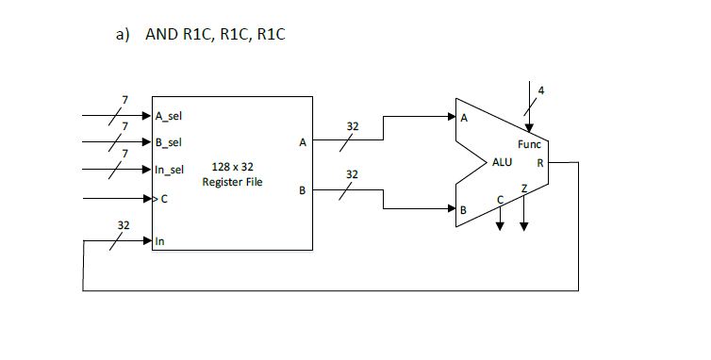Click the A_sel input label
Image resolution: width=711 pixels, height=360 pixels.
pyautogui.click(x=169, y=116)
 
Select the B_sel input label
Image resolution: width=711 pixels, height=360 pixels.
pyautogui.click(x=169, y=142)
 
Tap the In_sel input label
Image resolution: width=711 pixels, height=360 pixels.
pyautogui.click(x=170, y=170)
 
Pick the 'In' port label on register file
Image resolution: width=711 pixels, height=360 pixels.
pyautogui.click(x=160, y=241)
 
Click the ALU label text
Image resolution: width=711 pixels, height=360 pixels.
pyautogui.click(x=502, y=162)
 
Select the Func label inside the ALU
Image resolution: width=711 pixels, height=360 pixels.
pyautogui.click(x=529, y=144)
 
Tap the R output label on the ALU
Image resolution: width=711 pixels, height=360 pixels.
pyautogui.click(x=539, y=162)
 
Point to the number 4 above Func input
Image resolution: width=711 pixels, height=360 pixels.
pyautogui.click(x=541, y=90)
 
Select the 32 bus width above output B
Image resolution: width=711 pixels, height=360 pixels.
pyautogui.click(x=352, y=174)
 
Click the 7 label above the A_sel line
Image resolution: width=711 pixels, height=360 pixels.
pyautogui.click(x=124, y=100)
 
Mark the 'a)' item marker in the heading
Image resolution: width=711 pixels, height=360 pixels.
pyautogui.click(x=122, y=35)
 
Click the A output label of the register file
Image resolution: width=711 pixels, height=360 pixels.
pyautogui.click(x=302, y=143)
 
